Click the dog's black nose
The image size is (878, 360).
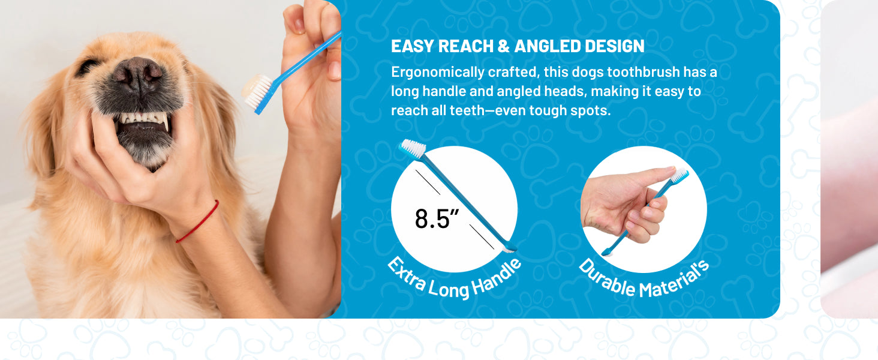(137, 74)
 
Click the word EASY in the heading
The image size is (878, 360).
(412, 46)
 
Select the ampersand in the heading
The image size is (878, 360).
(503, 46)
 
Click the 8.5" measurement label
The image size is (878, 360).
(437, 219)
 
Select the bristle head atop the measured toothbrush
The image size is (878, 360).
(413, 148)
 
